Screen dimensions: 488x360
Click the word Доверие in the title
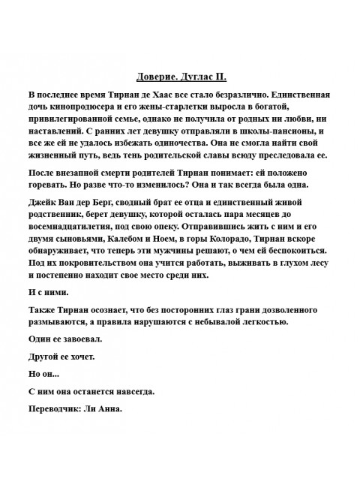159,77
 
